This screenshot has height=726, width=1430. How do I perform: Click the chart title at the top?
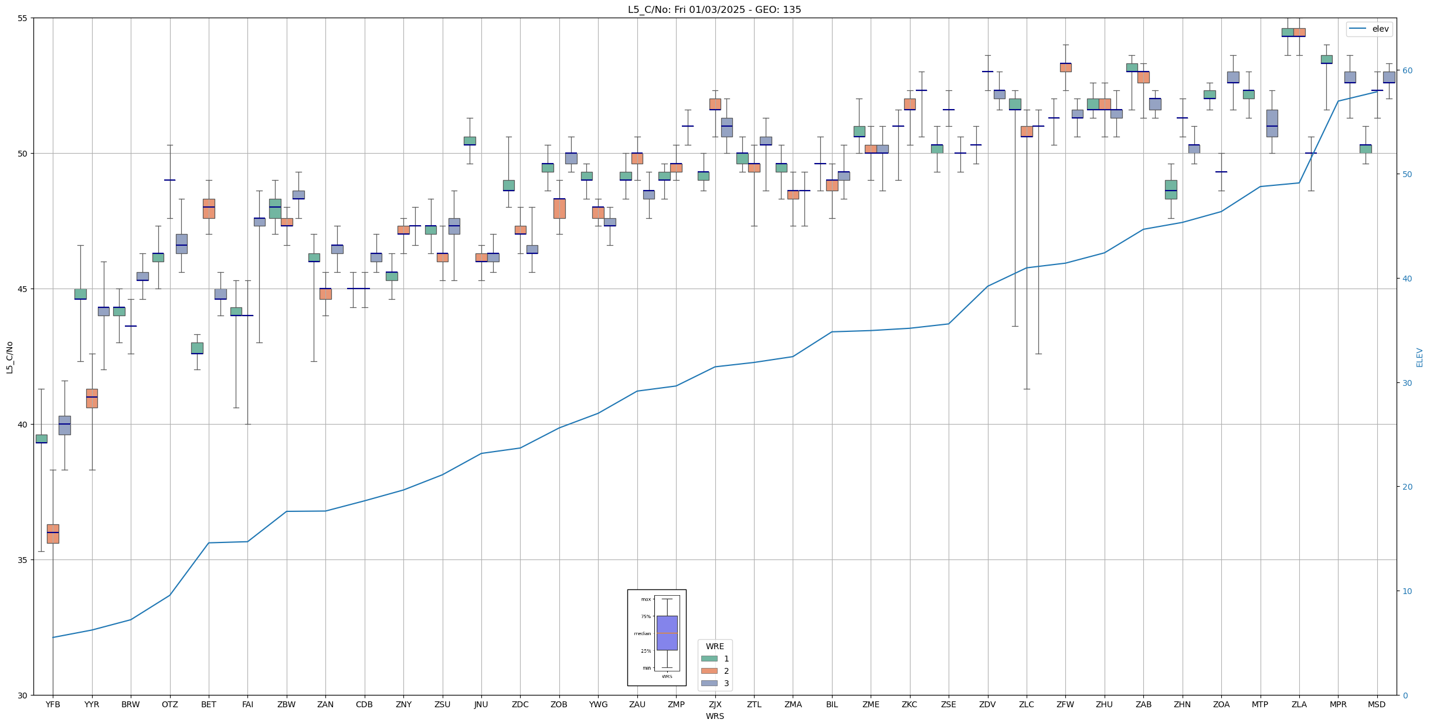(714, 9)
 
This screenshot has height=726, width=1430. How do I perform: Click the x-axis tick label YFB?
(53, 704)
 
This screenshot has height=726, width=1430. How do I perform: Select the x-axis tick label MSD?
(1377, 704)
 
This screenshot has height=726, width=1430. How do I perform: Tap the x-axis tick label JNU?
(481, 704)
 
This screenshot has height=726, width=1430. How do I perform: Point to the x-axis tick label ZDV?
(987, 704)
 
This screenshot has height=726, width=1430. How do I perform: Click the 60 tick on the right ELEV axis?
(1407, 70)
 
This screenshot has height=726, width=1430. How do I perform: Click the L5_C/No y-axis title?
(9, 357)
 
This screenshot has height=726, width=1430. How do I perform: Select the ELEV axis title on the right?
(1419, 357)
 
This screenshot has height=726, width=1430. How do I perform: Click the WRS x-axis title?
(715, 716)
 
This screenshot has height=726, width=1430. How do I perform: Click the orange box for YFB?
(53, 534)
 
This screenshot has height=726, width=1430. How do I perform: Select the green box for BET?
(197, 348)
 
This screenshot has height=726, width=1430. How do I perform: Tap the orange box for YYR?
(92, 398)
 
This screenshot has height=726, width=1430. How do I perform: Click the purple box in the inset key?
(667, 633)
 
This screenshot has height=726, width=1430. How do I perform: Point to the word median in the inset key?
(643, 633)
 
